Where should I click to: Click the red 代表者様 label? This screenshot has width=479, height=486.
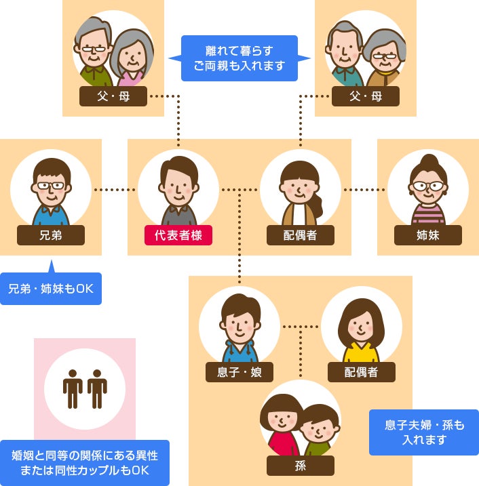[x=178, y=235]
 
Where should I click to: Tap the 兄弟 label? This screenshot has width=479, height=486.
[x=51, y=235]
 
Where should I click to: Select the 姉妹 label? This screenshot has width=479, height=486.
[x=427, y=235]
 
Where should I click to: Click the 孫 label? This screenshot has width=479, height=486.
[x=301, y=466]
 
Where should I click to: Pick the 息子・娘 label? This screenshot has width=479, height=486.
[x=240, y=371]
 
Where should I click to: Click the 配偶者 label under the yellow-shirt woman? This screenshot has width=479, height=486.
[x=362, y=371]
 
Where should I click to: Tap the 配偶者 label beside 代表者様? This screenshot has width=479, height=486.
[x=301, y=235]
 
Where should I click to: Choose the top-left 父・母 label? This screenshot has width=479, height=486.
[x=113, y=96]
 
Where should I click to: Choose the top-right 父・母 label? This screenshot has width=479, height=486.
[x=366, y=96]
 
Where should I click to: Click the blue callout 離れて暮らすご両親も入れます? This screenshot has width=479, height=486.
[x=240, y=58]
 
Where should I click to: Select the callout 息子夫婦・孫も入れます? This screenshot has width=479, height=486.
[x=424, y=432]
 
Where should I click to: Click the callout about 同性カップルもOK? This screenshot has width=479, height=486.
[x=85, y=463]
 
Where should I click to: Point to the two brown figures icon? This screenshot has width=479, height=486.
[x=85, y=388]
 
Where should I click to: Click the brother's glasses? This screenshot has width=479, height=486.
[x=51, y=185]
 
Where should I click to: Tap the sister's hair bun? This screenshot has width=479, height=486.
[x=427, y=161]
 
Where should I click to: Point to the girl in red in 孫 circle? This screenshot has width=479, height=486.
[x=280, y=427]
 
